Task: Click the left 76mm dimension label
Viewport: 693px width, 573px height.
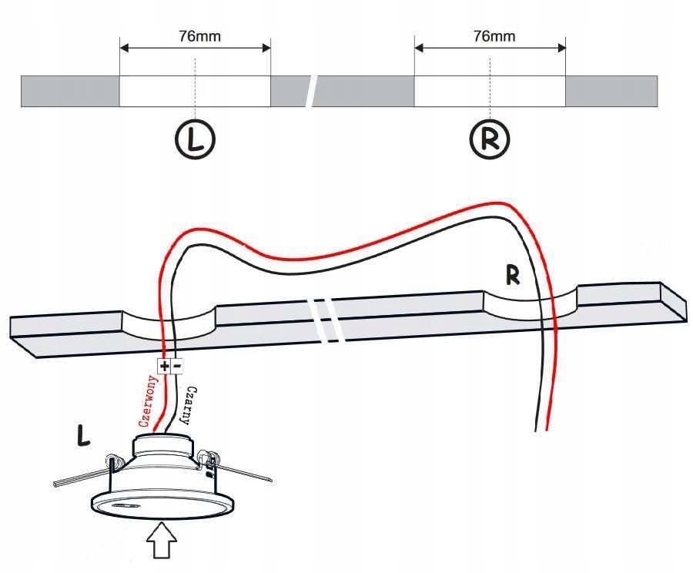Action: coord(199,36)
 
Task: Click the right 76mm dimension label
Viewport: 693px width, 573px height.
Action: coord(494,36)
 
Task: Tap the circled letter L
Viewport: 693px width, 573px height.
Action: coord(195,139)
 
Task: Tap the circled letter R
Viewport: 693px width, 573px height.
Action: coord(490,139)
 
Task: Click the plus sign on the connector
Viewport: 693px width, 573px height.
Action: coord(164,366)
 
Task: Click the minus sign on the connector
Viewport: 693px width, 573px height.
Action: coord(177,366)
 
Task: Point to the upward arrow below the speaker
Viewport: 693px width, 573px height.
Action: coord(162,541)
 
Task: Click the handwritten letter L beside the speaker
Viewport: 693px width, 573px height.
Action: coord(82,435)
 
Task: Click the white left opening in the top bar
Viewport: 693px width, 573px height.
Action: coord(195,91)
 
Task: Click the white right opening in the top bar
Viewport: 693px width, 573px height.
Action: coord(490,91)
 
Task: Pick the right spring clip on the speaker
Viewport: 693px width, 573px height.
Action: coord(233,467)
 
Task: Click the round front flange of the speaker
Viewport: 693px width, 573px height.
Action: coord(162,503)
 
